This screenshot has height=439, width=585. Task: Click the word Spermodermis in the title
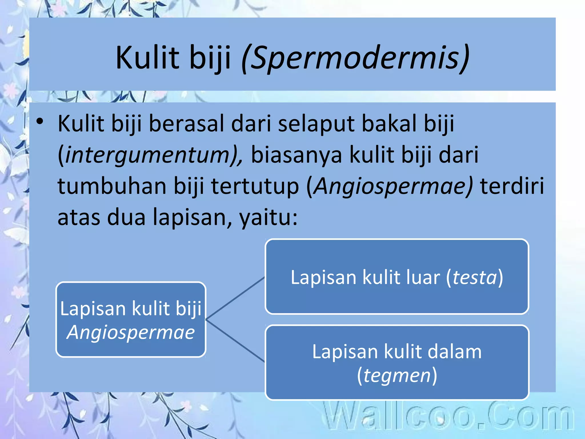click(355, 58)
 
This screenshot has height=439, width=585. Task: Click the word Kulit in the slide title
click(147, 58)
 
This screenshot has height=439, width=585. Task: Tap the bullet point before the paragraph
click(40, 121)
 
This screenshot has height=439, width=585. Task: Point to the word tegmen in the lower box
click(397, 375)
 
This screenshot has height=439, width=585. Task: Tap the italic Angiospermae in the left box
click(131, 333)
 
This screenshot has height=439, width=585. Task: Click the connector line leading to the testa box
click(235, 298)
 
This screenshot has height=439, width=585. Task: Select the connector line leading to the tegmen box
click(235, 340)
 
